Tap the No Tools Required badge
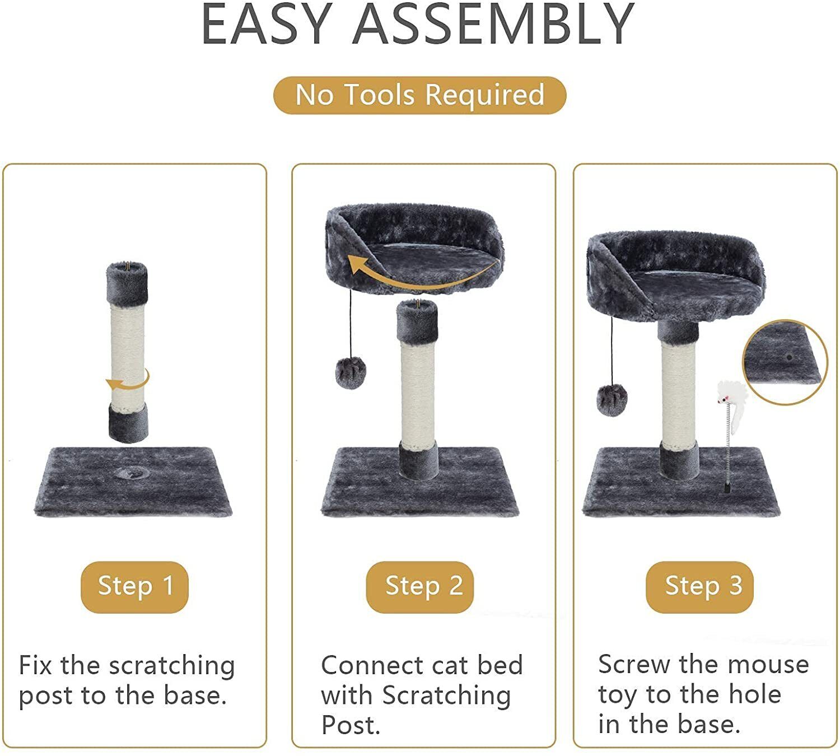[419, 95]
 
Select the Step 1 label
[134, 587]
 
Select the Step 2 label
[419, 587]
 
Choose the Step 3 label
[699, 587]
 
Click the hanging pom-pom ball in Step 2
[351, 372]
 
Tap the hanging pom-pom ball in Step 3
[612, 400]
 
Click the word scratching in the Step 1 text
[172, 667]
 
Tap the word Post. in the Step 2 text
[351, 725]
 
